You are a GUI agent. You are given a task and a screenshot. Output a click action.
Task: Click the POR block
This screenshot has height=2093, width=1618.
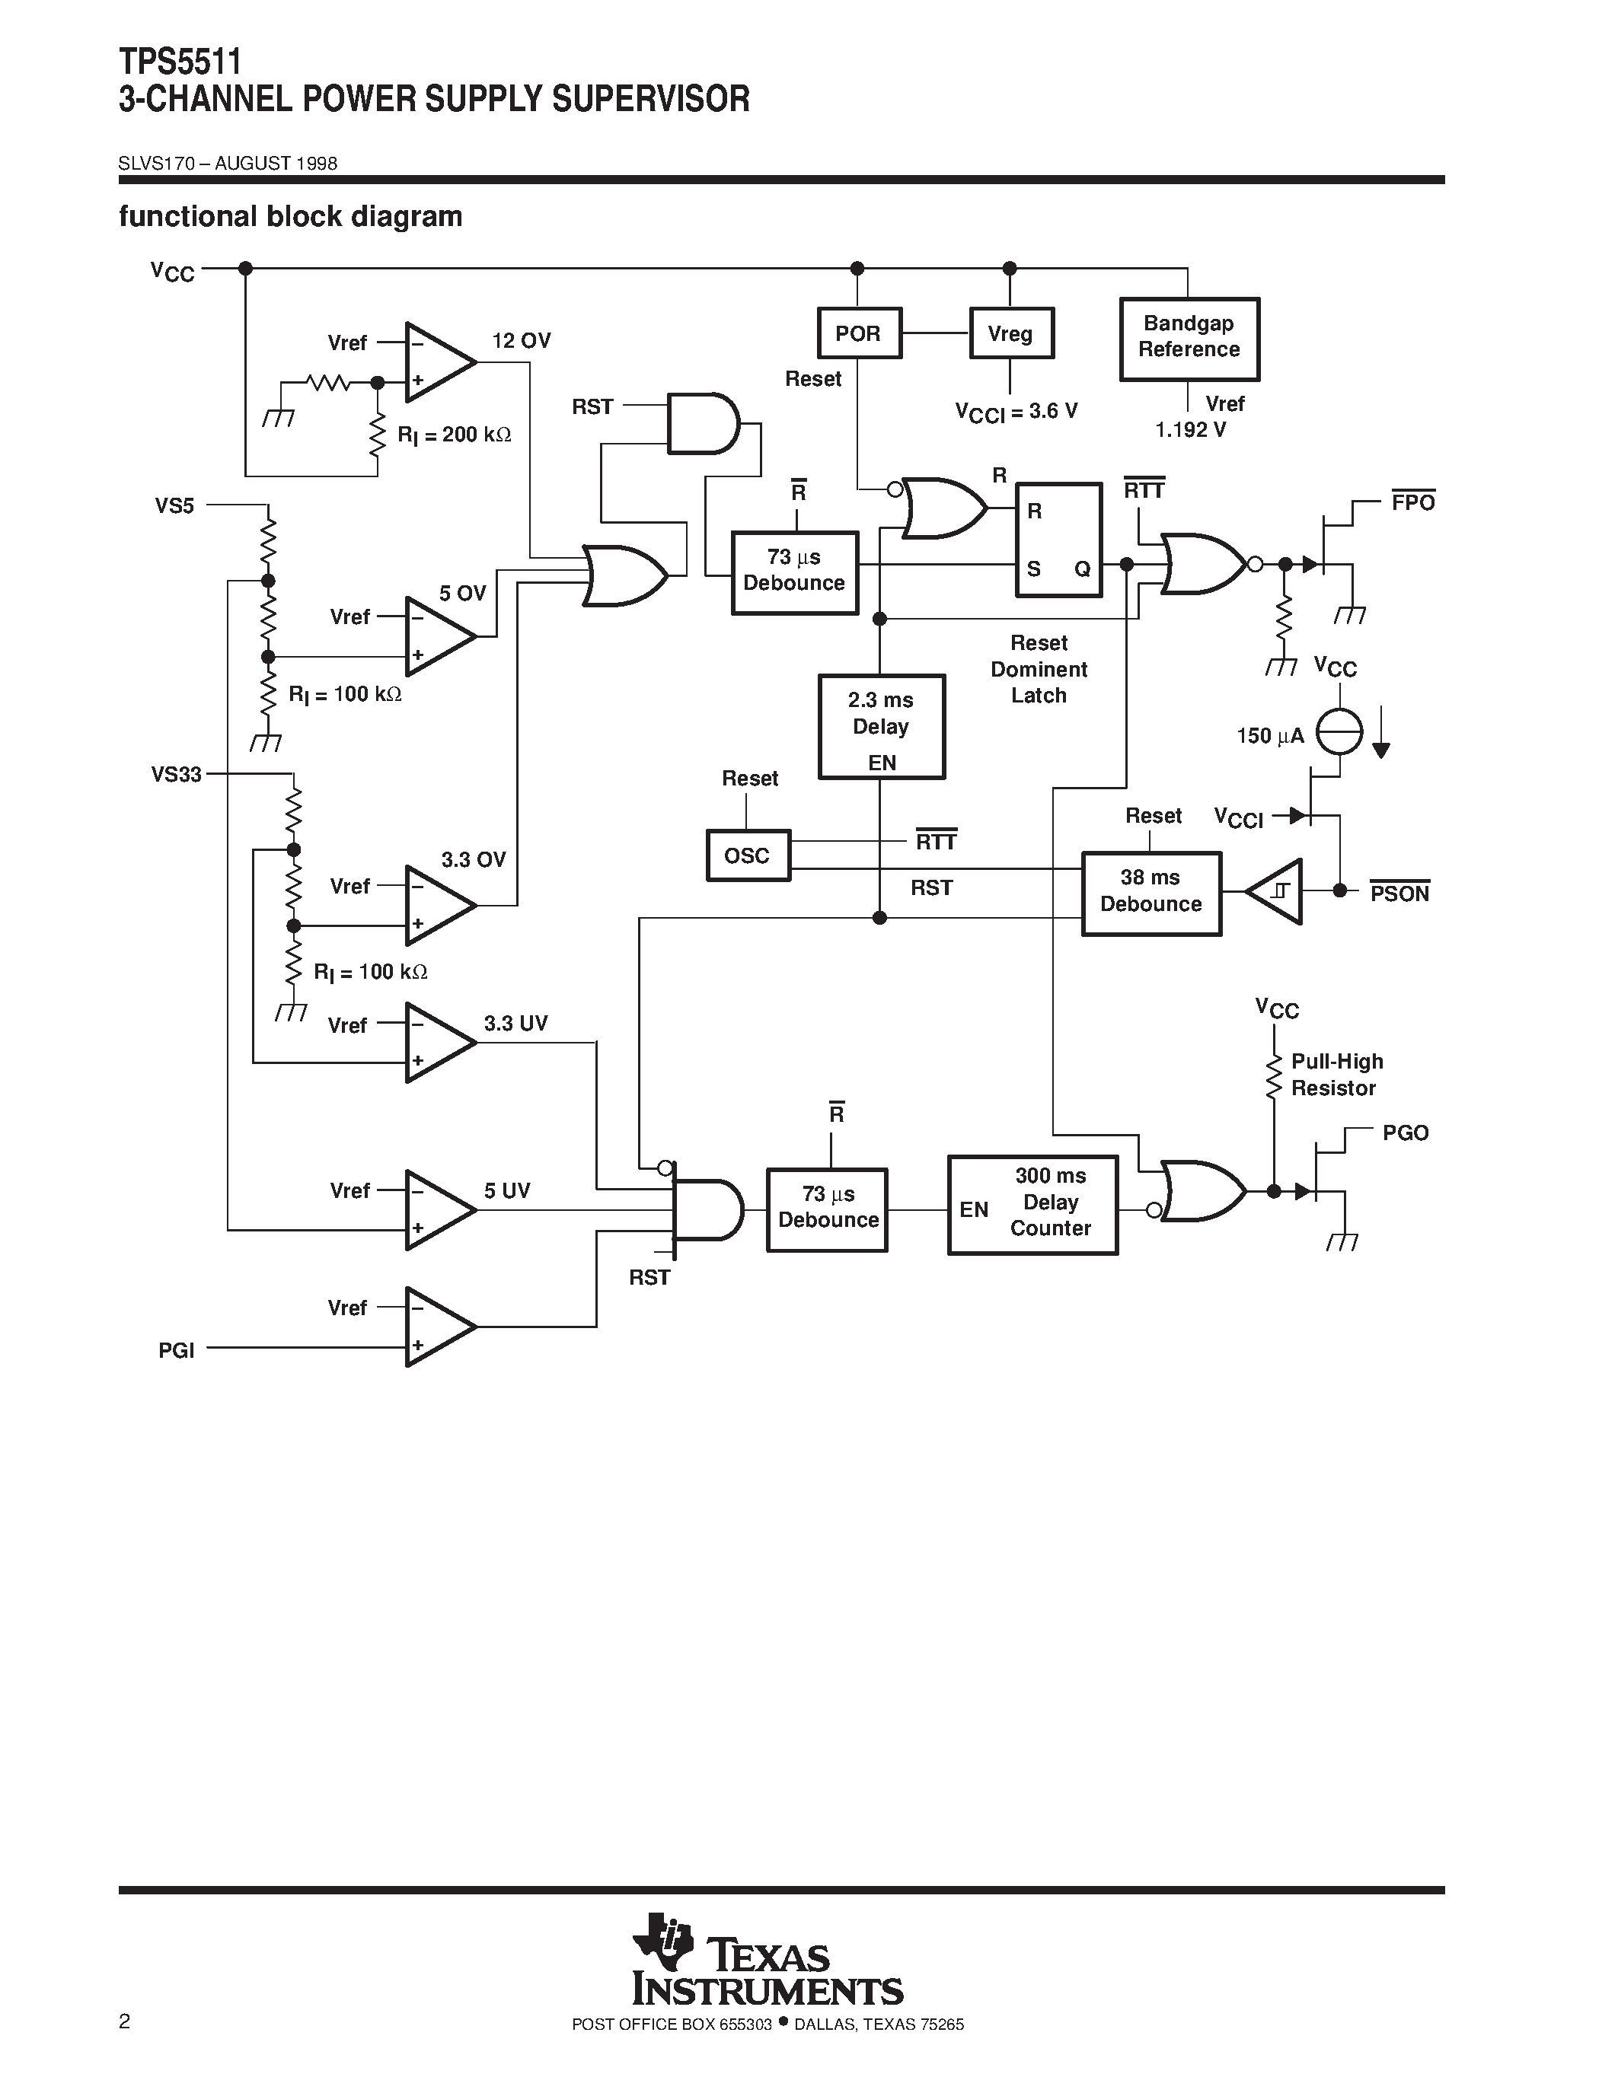[859, 333]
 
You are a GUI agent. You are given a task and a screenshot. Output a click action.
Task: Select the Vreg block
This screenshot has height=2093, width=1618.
[1010, 333]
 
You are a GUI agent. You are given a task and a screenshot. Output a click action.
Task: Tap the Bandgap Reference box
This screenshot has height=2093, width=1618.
[1189, 338]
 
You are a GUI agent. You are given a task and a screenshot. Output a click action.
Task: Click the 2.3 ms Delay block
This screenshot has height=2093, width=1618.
[881, 726]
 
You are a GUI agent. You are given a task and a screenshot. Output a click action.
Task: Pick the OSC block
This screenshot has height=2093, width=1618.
[748, 855]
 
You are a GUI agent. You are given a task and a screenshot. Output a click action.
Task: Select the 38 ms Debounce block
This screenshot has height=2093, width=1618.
[1150, 892]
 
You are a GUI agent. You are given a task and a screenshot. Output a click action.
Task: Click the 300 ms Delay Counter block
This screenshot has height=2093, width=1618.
[1032, 1204]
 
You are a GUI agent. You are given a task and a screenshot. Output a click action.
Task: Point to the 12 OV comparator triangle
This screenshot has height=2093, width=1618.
[436, 362]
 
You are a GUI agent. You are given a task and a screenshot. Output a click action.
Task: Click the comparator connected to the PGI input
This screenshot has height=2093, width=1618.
[436, 1327]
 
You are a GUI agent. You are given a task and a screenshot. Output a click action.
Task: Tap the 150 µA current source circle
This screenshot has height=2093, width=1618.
[1339, 732]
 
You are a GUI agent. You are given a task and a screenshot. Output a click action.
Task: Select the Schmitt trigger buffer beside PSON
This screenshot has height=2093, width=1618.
[1278, 891]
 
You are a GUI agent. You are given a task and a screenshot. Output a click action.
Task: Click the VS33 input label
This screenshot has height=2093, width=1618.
[177, 774]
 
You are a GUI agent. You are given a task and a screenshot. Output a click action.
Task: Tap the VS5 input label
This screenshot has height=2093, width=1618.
[174, 506]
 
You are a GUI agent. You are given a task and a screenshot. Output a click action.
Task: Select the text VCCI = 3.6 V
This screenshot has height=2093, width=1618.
[1016, 412]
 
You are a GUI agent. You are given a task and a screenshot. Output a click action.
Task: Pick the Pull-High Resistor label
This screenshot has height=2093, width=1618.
[1336, 1075]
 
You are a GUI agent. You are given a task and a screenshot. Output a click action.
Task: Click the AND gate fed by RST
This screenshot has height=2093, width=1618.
[702, 422]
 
